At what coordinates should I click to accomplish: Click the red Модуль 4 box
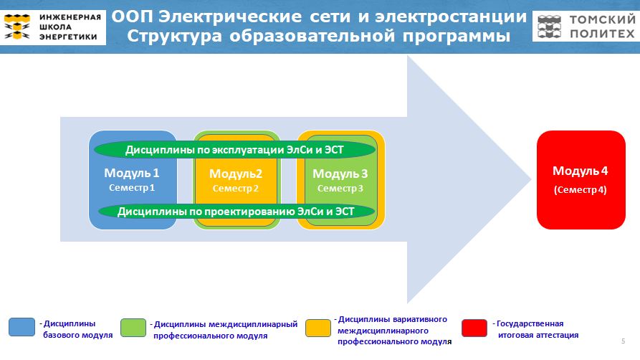[581, 180]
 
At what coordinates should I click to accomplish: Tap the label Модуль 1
[131, 174]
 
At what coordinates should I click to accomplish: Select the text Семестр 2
[236, 189]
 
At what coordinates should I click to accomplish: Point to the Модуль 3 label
[340, 174]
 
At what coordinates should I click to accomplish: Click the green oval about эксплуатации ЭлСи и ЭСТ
[234, 150]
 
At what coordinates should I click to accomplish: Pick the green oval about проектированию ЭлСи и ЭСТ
[237, 212]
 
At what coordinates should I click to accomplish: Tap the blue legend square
[22, 327]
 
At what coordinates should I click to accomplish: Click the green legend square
[133, 328]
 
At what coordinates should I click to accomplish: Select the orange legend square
[318, 328]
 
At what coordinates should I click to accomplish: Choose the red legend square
[474, 328]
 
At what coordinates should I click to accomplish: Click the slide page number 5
[624, 341]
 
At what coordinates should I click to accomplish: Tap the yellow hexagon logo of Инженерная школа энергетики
[17, 27]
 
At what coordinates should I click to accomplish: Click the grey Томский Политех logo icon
[550, 27]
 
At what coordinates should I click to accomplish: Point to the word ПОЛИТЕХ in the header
[602, 34]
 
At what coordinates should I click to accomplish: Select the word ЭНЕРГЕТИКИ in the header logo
[68, 37]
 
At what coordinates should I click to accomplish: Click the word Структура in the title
[175, 37]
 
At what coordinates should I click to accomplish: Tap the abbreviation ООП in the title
[132, 17]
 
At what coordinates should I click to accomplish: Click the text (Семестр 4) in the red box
[580, 190]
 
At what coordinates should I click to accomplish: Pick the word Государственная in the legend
[530, 323]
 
